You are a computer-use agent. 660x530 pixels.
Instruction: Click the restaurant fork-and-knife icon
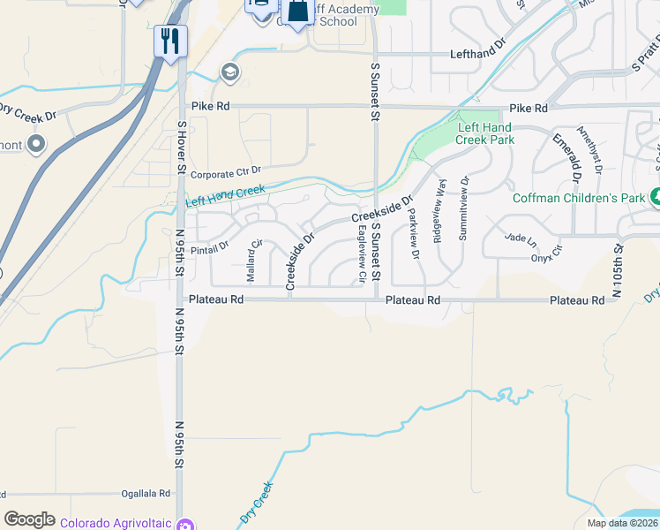point(170,41)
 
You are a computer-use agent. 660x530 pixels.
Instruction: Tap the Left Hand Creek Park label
point(484,133)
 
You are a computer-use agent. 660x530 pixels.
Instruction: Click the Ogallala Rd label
point(144,494)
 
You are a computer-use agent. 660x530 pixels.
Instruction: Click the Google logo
point(29,519)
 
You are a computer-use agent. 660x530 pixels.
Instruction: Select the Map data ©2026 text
point(621,523)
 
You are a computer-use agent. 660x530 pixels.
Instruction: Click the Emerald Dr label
point(566,157)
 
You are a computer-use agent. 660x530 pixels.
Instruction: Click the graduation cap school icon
point(231,72)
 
